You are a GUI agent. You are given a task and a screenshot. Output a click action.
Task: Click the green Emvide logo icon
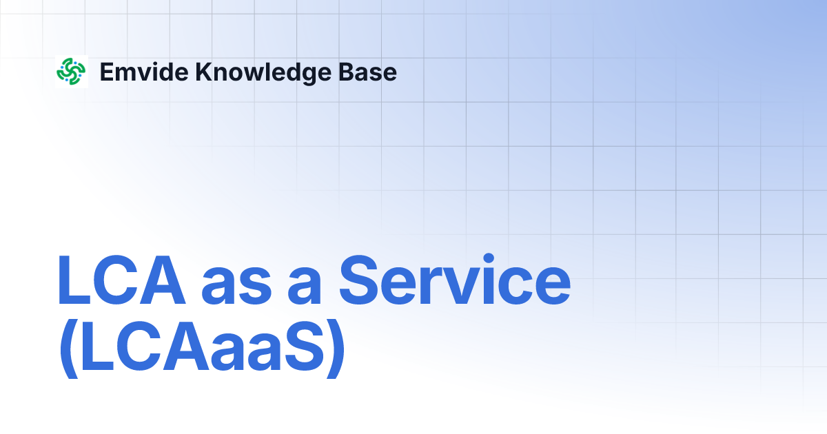point(71,72)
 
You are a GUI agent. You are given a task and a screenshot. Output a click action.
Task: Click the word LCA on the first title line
point(121,280)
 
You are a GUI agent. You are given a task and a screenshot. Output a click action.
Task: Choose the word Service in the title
point(454,280)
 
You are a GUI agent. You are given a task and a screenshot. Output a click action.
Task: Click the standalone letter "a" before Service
point(305,286)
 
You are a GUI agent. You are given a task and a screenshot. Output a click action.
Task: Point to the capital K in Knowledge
point(203,72)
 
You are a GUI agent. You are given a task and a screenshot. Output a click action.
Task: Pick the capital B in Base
point(358,72)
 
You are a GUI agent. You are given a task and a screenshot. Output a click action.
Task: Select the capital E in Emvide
point(106,72)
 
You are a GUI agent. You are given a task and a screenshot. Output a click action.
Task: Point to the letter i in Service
point(499,280)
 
